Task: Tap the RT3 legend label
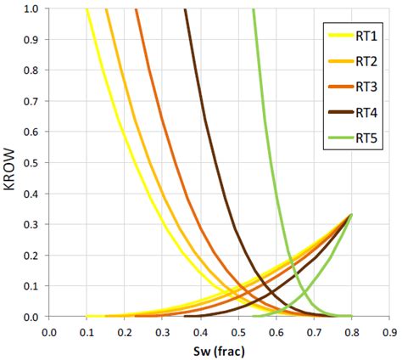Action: (x=366, y=86)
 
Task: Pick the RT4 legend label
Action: (x=366, y=111)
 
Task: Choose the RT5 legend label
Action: (x=366, y=137)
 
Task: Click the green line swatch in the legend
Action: (x=340, y=137)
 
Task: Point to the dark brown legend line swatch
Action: (x=340, y=111)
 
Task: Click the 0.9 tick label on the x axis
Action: (x=390, y=331)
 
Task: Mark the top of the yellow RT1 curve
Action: (x=87, y=10)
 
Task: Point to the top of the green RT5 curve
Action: (x=254, y=10)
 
